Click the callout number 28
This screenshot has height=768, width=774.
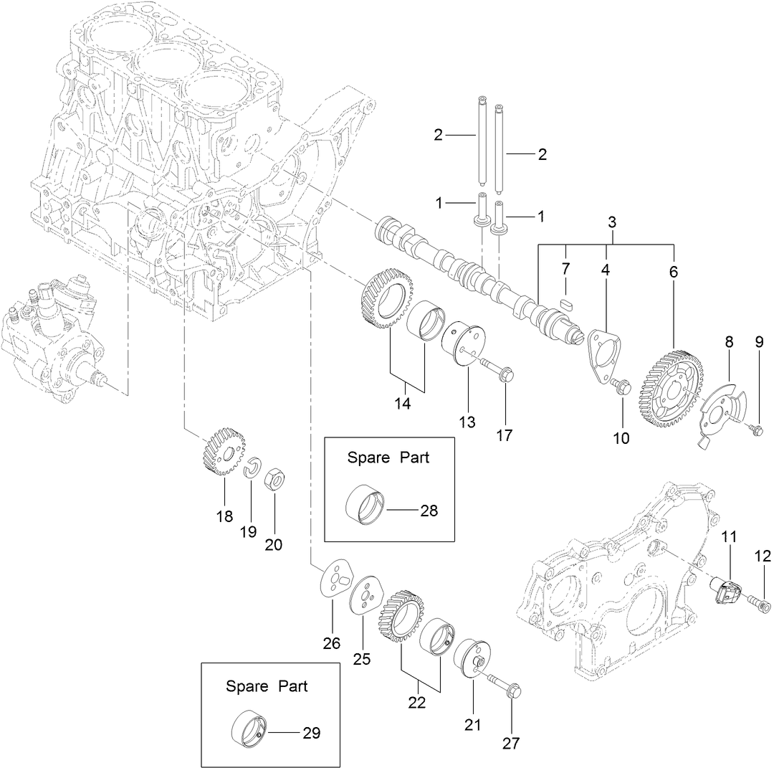(x=429, y=511)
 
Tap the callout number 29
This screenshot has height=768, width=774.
(x=311, y=733)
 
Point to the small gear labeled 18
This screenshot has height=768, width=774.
(x=223, y=451)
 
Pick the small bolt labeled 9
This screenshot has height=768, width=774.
(x=755, y=429)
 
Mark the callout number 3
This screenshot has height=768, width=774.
(x=612, y=222)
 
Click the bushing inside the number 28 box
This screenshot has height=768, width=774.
(x=365, y=505)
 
